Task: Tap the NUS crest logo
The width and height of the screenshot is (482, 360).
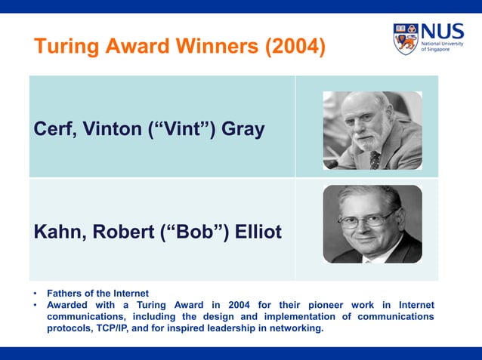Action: click(x=405, y=38)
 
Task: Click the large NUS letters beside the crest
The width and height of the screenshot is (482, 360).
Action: click(x=442, y=32)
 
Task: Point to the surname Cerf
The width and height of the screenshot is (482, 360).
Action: click(x=54, y=129)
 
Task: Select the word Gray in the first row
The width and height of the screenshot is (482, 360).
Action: click(x=242, y=129)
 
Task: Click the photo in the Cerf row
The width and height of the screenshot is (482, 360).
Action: click(x=372, y=130)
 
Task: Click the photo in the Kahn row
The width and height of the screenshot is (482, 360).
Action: click(x=372, y=224)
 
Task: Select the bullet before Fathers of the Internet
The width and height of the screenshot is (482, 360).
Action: click(x=35, y=293)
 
